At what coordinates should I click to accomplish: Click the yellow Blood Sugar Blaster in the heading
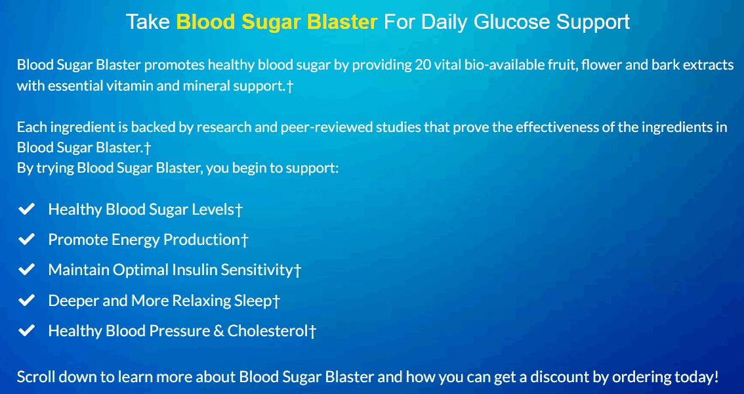coord(277,22)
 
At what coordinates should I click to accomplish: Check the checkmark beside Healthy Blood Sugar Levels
coord(26,209)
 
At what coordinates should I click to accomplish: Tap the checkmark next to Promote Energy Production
coord(26,240)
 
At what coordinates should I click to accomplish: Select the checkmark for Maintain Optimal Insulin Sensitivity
coord(26,270)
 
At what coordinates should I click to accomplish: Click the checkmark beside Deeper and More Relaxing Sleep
coord(26,301)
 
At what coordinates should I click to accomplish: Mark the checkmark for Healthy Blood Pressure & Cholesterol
coord(26,331)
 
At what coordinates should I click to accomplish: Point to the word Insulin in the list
coord(192,270)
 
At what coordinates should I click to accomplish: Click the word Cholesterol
coord(268,331)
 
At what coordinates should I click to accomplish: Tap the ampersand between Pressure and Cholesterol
coord(218,331)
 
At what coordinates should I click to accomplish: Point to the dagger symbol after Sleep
coord(276,301)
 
